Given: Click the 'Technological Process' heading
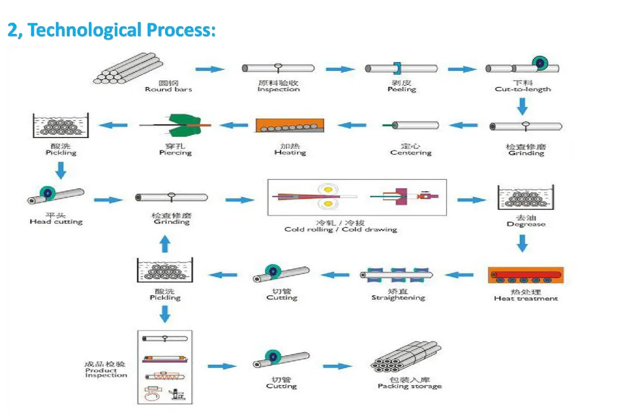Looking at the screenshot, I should (111, 30).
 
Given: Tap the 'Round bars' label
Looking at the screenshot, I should (168, 90).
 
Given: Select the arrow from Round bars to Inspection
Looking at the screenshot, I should (210, 70).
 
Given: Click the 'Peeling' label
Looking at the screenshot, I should (402, 90).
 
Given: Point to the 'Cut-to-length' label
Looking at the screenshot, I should (523, 90).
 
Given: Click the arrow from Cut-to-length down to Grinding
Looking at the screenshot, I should (523, 106).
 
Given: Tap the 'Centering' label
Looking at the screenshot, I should (411, 153).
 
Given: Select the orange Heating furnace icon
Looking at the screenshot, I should (289, 125).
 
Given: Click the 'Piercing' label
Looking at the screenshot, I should (175, 153).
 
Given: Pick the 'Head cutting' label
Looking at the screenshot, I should (56, 222).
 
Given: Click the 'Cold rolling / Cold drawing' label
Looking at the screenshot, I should (341, 229).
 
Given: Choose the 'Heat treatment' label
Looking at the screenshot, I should (526, 298).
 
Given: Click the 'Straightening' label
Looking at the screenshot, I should (398, 298).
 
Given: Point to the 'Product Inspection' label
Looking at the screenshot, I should (106, 371).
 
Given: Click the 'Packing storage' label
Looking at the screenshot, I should (409, 386).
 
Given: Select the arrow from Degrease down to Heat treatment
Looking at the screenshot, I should (523, 243).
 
